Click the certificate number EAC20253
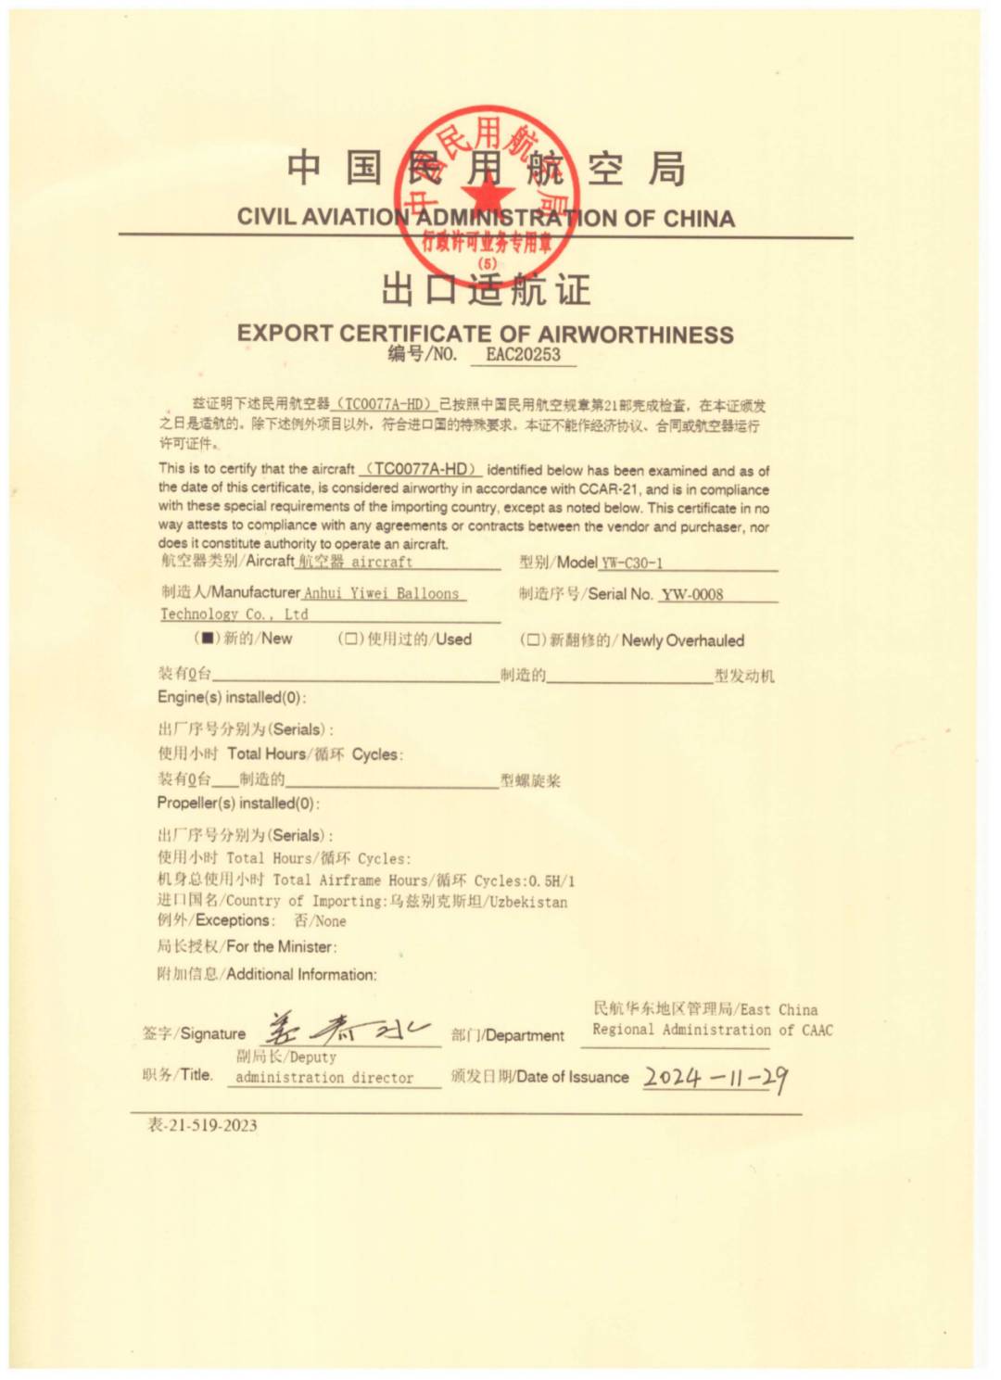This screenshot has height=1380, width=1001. [x=523, y=354]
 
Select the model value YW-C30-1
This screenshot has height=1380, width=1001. [x=632, y=563]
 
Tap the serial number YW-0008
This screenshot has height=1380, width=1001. [x=691, y=594]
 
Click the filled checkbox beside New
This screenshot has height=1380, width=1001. [x=208, y=639]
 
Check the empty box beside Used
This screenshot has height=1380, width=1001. [x=351, y=639]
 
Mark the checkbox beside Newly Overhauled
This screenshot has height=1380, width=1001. [x=533, y=640]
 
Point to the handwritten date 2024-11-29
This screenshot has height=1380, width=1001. [x=716, y=1077]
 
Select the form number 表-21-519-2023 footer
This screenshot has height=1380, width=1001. [x=202, y=1125]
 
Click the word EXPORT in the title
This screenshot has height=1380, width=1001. [x=285, y=334]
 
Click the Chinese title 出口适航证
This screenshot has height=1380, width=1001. [x=486, y=289]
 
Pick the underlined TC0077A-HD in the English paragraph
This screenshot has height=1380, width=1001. [x=422, y=469]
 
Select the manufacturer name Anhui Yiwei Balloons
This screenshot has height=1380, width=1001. [x=382, y=593]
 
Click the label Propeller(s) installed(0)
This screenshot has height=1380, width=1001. [x=237, y=803]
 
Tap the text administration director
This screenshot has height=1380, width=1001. [x=324, y=1078]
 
